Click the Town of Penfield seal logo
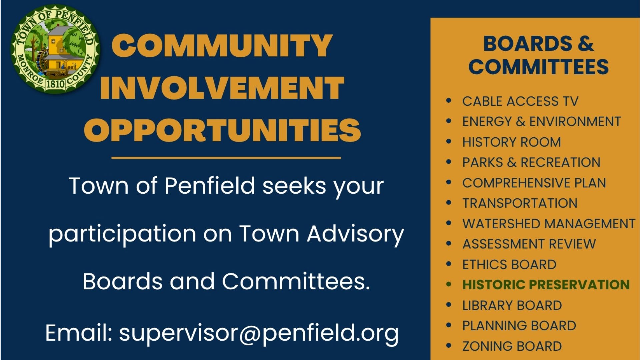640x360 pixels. (x=55, y=49)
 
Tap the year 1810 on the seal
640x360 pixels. (x=55, y=83)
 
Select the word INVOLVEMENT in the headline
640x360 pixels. (x=222, y=88)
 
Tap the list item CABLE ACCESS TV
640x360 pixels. (x=520, y=101)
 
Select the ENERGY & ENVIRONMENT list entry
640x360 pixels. (x=542, y=122)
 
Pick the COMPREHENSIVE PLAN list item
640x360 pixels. (x=534, y=183)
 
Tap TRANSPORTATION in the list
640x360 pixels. (x=520, y=203)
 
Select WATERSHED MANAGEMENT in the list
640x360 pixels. (x=549, y=224)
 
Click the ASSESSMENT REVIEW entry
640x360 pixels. (x=529, y=244)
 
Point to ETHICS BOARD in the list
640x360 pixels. (x=509, y=265)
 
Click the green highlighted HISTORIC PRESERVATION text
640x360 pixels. (x=546, y=285)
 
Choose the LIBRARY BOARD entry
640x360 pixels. (x=512, y=305)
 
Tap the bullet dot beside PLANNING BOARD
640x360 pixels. (x=449, y=325)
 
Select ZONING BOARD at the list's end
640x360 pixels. (x=512, y=346)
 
